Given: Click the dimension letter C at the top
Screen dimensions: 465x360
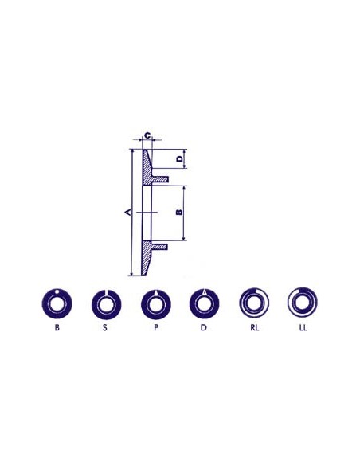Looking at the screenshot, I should click(147, 135).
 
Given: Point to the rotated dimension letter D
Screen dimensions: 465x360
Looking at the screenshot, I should click(179, 160).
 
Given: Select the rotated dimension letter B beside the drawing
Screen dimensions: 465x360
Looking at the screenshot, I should click(178, 212).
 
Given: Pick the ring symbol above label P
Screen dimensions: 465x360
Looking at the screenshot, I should click(155, 303).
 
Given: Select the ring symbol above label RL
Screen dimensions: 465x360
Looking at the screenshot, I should click(253, 303).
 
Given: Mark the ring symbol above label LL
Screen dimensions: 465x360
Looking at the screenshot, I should click(303, 303).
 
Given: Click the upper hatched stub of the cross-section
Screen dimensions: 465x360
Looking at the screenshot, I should click(159, 179).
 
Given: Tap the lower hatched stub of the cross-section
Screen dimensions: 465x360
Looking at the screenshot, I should click(159, 246).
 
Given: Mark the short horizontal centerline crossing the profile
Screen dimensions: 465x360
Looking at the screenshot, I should click(143, 213).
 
